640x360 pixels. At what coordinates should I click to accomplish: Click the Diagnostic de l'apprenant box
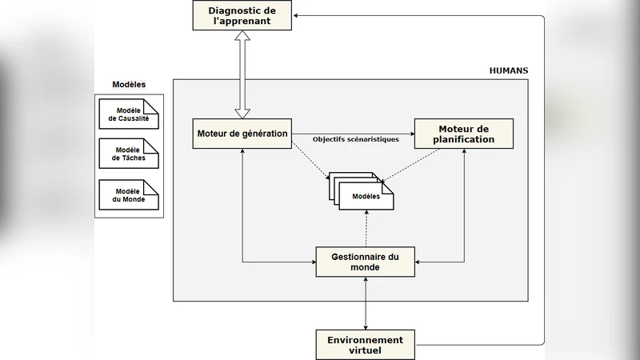[241, 16]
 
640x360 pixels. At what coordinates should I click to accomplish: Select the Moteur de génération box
[242, 133]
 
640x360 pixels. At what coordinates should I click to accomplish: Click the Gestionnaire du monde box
[366, 262]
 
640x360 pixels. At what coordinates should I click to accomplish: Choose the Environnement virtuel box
[366, 345]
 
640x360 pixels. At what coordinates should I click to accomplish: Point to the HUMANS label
[508, 71]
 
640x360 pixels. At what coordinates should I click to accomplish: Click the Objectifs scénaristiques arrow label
[356, 139]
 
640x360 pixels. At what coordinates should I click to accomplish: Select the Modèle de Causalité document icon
[128, 114]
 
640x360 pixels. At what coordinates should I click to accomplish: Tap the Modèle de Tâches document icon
[128, 154]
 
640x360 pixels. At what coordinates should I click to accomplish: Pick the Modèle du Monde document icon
[128, 195]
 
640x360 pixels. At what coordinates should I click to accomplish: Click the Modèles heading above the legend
[128, 85]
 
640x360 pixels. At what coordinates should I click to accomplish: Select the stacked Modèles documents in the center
[364, 194]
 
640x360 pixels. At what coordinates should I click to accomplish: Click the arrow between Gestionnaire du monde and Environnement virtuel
[366, 303]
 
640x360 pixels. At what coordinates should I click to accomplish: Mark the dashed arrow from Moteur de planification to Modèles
[420, 166]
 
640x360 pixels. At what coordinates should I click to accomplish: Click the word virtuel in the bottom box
[366, 350]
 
